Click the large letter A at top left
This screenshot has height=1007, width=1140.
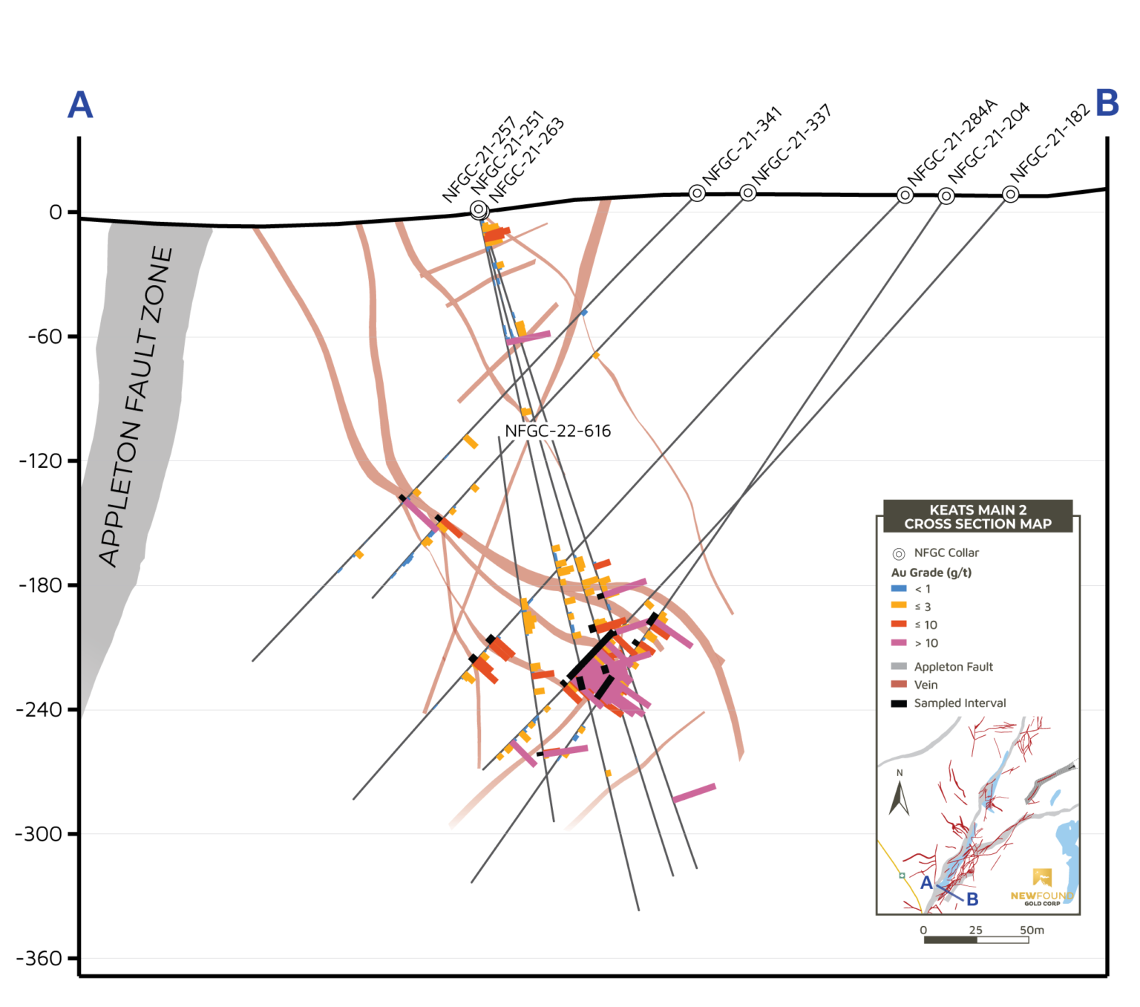click(x=80, y=105)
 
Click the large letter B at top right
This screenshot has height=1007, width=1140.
click(x=1107, y=103)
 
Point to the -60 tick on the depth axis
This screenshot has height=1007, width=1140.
click(x=45, y=337)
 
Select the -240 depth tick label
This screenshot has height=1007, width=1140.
click(x=39, y=710)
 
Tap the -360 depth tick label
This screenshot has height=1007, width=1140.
click(x=39, y=959)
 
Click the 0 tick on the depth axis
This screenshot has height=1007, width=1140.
click(x=56, y=213)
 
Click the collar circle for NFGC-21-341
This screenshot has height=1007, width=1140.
click(x=697, y=193)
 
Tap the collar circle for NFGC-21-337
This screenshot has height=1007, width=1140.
click(x=748, y=193)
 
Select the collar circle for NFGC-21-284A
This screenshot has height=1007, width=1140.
click(x=905, y=195)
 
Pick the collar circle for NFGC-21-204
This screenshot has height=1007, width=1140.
click(x=946, y=196)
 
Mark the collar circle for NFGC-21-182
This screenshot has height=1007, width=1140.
click(x=1010, y=195)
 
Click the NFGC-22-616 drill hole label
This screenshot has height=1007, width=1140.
click(x=557, y=431)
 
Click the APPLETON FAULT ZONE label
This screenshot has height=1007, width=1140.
click(x=136, y=407)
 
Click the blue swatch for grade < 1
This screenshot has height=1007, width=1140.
click(x=899, y=589)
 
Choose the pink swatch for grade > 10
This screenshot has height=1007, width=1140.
click(x=899, y=643)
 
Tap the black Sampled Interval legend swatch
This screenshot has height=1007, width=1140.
click(x=899, y=703)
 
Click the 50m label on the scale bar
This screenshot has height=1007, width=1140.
click(x=1032, y=931)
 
